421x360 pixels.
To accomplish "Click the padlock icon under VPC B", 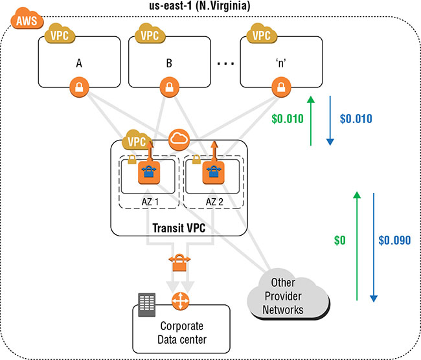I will (168, 86).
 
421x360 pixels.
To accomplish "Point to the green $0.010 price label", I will (289, 119).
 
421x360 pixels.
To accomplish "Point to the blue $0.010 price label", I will (356, 119).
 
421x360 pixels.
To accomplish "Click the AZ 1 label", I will (150, 202).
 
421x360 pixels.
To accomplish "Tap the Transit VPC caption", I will (181, 227).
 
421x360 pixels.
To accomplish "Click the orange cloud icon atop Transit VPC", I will (178, 138).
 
